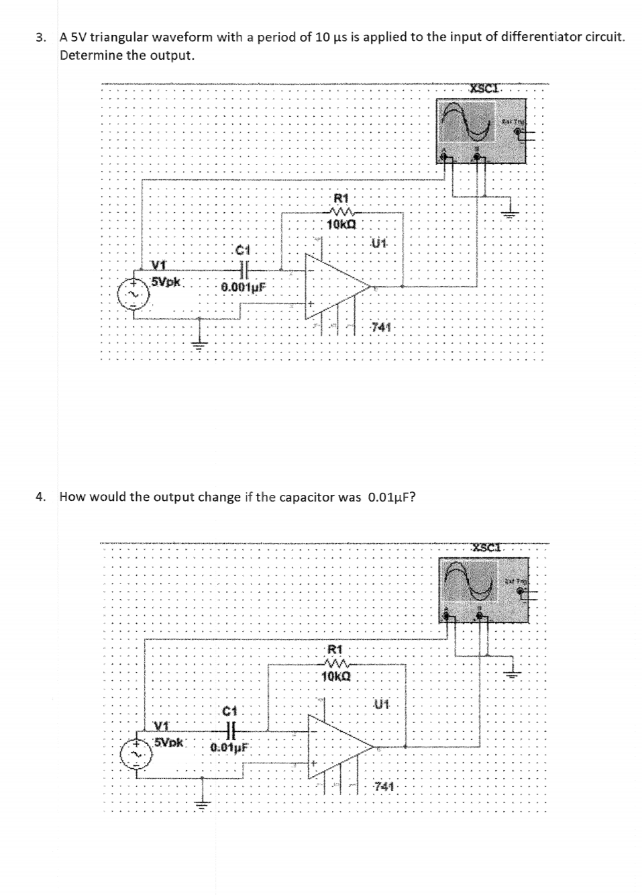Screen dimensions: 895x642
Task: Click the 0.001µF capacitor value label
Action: (244, 287)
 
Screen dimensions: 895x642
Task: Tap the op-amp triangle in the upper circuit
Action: (335, 286)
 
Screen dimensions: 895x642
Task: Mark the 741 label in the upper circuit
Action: (381, 327)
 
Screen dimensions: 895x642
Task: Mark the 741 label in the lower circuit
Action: (383, 786)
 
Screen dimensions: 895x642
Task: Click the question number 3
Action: (41, 37)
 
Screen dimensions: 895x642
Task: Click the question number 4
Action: (41, 497)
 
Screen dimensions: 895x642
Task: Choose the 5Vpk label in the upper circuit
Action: (166, 281)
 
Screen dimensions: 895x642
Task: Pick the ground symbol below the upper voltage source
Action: (199, 344)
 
